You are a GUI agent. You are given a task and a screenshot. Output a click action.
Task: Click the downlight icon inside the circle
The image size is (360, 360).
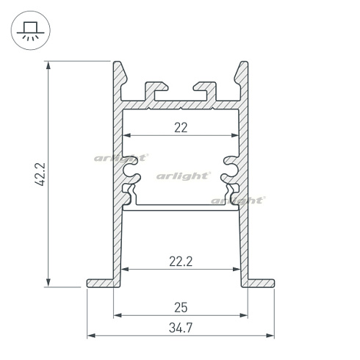point(29,30)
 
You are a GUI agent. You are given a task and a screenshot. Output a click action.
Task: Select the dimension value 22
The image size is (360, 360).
point(181,127)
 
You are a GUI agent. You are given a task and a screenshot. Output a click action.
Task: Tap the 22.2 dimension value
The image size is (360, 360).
point(181,261)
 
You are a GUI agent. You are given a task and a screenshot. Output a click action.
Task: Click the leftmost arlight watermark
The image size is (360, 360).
point(120,157)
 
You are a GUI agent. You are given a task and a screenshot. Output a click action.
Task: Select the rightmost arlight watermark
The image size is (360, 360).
point(237,199)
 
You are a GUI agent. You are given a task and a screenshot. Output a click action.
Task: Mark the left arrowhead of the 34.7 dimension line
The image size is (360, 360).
point(90,336)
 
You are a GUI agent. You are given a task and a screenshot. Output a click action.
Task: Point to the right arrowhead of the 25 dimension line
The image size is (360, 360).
point(244,316)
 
